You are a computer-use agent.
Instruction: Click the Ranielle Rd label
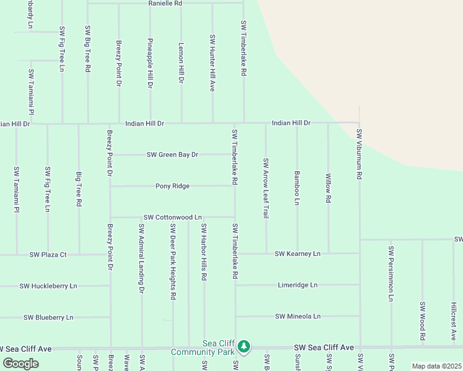pyautogui.click(x=165, y=4)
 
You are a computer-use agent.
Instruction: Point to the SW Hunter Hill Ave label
pyautogui.click(x=212, y=63)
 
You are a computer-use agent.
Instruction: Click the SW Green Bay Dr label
pyautogui.click(x=172, y=155)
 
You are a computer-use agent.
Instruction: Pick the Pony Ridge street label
pyautogui.click(x=172, y=186)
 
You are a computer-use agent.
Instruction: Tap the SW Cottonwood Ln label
pyautogui.click(x=173, y=218)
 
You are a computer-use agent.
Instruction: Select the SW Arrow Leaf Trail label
pyautogui.click(x=266, y=188)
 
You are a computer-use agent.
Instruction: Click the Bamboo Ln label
pyautogui.click(x=297, y=189)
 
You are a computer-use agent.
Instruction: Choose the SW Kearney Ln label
pyautogui.click(x=298, y=254)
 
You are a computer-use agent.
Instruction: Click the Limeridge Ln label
pyautogui.click(x=297, y=285)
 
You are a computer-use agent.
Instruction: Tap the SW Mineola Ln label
pyautogui.click(x=298, y=317)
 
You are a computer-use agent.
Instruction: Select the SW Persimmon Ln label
pyautogui.click(x=391, y=274)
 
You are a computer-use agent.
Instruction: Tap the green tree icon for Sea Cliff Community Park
pyautogui.click(x=244, y=346)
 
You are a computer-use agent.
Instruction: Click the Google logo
pyautogui.click(x=21, y=364)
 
